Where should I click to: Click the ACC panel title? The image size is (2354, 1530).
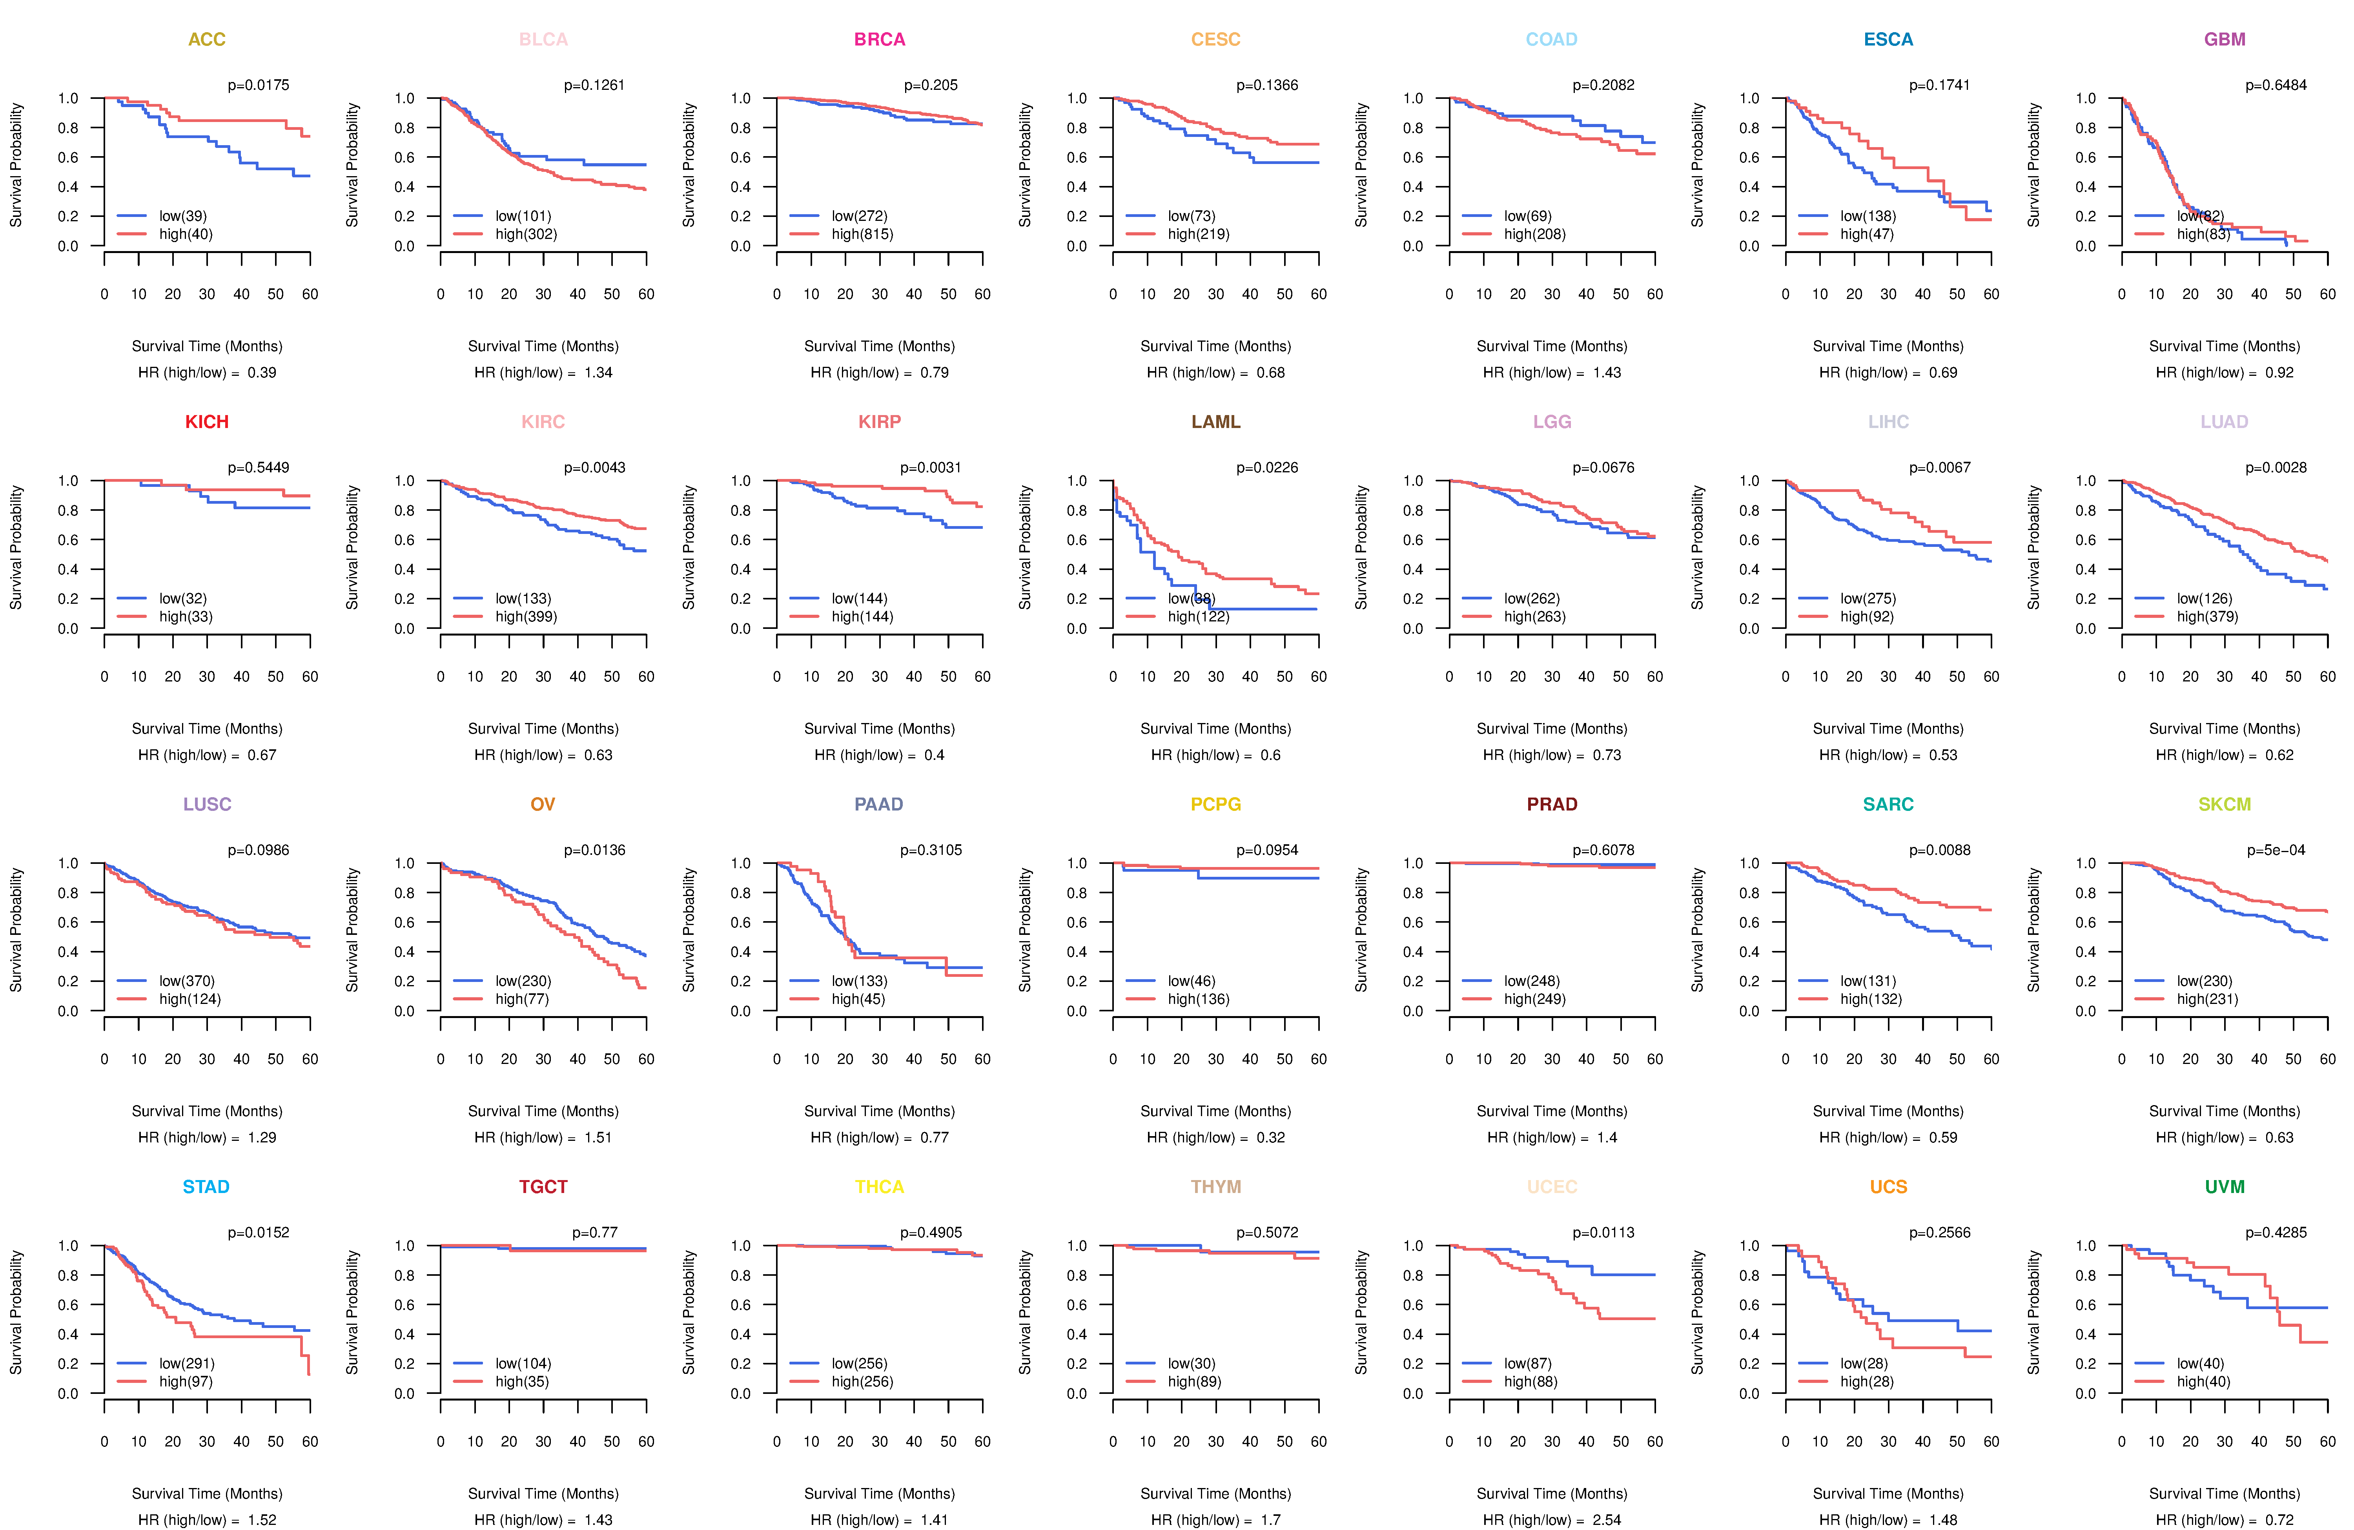coord(207,40)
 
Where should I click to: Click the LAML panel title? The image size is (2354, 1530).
coord(1215,422)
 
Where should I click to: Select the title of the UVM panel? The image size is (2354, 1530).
coord(2225,1187)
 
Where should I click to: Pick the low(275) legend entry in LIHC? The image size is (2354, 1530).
coord(1868,598)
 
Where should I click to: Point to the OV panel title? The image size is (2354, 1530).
coord(543,804)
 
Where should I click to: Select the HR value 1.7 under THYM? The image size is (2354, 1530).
coord(1270,1520)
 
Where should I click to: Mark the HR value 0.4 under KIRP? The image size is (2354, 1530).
coord(934,756)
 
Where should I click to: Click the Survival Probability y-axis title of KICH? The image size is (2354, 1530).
coord(16,547)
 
